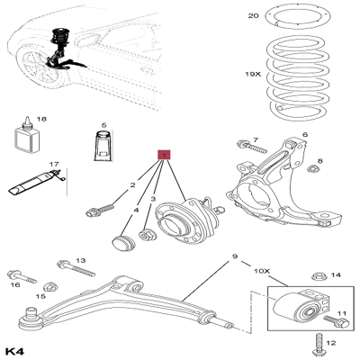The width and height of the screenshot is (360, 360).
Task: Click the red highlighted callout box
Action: point(163,155)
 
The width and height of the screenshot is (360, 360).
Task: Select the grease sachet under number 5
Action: point(104,148)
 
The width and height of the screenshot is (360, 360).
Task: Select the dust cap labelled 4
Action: point(120,243)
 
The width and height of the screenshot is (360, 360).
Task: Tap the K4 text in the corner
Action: point(14,349)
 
